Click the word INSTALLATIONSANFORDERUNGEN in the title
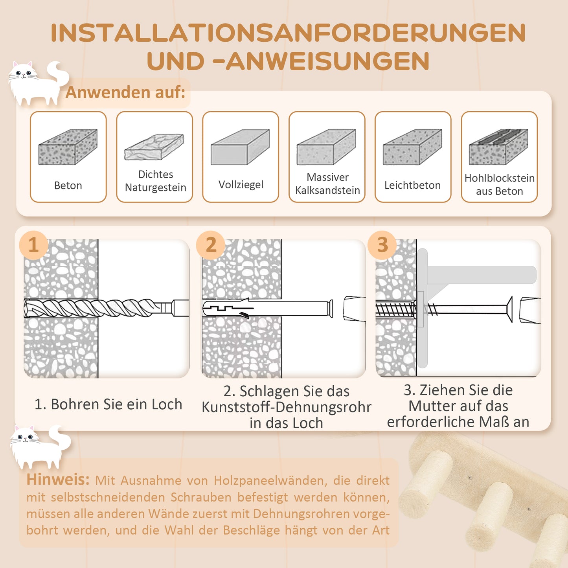coord(288,33)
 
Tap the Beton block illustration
coord(68,147)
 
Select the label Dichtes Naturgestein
coord(155,181)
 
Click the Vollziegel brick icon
coord(240,147)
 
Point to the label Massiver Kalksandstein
coord(327,184)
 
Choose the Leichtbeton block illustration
coord(412,147)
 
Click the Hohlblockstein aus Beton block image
coord(498,147)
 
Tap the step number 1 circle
coord(34,245)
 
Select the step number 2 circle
coord(211,245)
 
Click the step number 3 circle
coord(382,245)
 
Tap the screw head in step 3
coord(509,310)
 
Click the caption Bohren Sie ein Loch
coord(108,404)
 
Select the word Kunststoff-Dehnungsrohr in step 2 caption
coord(286,407)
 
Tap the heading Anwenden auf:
coord(125,92)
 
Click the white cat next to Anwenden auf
coord(35,83)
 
